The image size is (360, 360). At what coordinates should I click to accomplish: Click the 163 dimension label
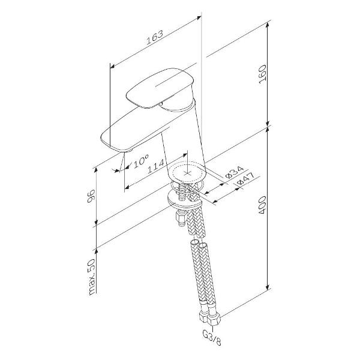pos(155,37)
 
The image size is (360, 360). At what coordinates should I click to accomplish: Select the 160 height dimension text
pos(262,74)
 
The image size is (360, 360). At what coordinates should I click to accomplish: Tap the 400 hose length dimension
pos(262,205)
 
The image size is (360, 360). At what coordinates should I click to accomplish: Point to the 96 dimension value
pos(91,196)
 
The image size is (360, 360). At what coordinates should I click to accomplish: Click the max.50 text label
pos(91,277)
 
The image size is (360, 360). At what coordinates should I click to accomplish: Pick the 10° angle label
pos(141,161)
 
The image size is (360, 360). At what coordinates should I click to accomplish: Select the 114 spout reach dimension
pos(156,166)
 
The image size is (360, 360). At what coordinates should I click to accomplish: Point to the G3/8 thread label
pos(212,337)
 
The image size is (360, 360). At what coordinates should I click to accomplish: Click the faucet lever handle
pos(160,88)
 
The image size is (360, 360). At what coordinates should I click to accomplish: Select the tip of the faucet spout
pos(125,151)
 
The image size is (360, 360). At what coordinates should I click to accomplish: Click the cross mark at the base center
pos(188,173)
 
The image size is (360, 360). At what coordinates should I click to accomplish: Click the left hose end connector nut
pos(203,317)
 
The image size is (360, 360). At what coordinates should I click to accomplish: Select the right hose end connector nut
pos(214,319)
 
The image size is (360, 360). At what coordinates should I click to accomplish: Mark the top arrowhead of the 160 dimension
pos(268,25)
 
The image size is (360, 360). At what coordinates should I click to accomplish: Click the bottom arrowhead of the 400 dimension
pos(268,287)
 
